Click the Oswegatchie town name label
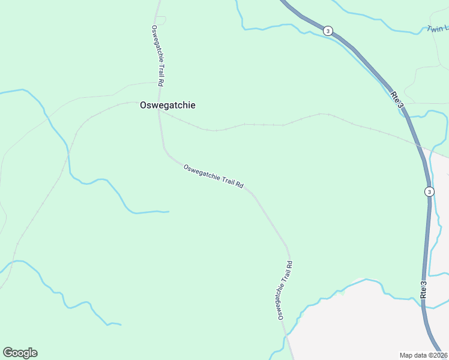pos(167,105)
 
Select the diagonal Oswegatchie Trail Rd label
pos(213,177)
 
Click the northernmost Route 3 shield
pos(327,31)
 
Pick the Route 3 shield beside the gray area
pos(429,191)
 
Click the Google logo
pos(20,353)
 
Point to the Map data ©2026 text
pos(423,355)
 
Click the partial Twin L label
pos(438,28)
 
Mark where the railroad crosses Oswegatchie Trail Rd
pos(159,109)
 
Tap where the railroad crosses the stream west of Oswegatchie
pos(68,148)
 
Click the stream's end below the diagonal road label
pos(168,211)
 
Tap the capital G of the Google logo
pos(8,353)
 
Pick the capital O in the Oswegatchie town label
pos(143,105)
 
